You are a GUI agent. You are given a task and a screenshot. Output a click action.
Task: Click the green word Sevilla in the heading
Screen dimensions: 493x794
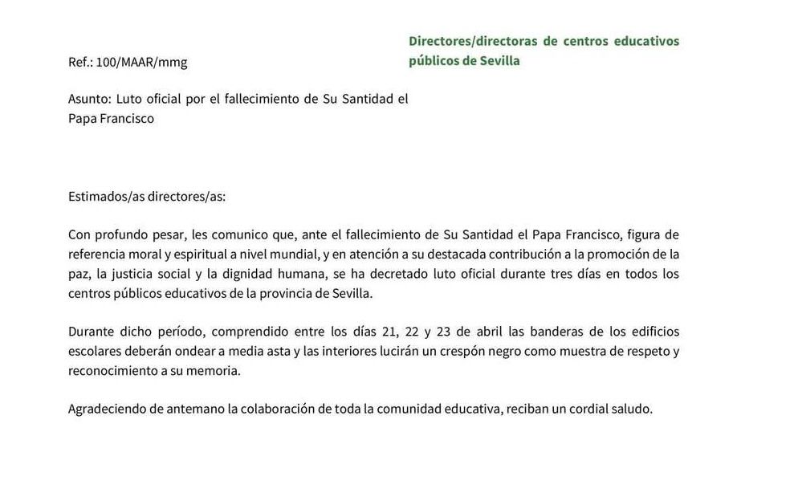[499, 61]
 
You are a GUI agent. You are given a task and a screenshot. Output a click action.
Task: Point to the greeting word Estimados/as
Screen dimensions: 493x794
[103, 196]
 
